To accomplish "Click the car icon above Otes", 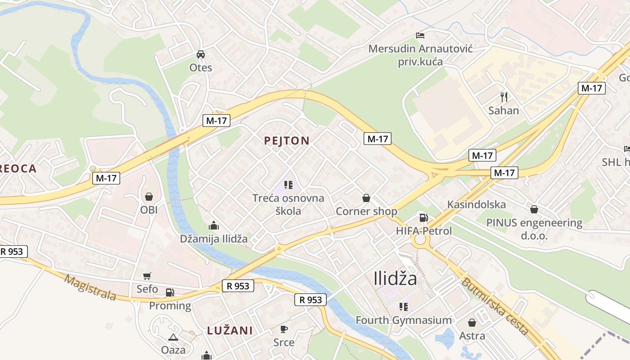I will pyautogui.click(x=201, y=54).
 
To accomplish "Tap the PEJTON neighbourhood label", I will pyautogui.click(x=287, y=141).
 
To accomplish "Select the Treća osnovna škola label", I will pyautogui.click(x=288, y=204).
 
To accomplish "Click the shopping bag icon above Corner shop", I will pyautogui.click(x=366, y=198).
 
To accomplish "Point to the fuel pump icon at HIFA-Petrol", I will pyautogui.click(x=423, y=218).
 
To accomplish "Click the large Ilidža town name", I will pyautogui.click(x=395, y=279).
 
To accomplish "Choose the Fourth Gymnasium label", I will pyautogui.click(x=404, y=320).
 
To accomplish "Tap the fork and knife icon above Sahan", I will pyautogui.click(x=504, y=97).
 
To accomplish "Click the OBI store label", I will pyautogui.click(x=149, y=210).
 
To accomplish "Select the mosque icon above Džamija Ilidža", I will pyautogui.click(x=214, y=225).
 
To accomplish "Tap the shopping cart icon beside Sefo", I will pyautogui.click(x=147, y=276).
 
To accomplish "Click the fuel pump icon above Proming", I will pyautogui.click(x=170, y=292).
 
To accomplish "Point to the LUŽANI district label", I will pyautogui.click(x=229, y=331).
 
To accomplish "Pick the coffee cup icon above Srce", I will pyautogui.click(x=284, y=329).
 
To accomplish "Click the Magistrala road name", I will pyautogui.click(x=90, y=288).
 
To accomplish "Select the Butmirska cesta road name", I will pyautogui.click(x=495, y=306).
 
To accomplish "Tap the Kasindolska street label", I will pyautogui.click(x=476, y=205).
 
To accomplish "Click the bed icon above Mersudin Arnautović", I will pyautogui.click(x=420, y=35).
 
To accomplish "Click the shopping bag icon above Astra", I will pyautogui.click(x=472, y=323).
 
